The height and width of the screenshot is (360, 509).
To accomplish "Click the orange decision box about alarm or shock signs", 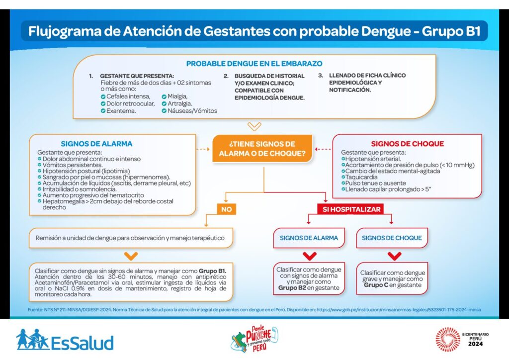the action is click(x=262, y=149).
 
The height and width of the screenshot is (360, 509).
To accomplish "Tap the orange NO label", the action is click(x=226, y=209).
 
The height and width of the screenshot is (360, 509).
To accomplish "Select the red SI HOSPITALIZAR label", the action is click(x=351, y=209).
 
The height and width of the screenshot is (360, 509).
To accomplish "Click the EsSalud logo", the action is click(x=65, y=340).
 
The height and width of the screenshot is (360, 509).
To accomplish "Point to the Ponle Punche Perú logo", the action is click(x=254, y=339).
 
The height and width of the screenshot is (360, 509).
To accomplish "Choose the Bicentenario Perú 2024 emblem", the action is click(x=462, y=339).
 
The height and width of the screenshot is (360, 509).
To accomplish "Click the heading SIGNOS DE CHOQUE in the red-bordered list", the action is click(x=408, y=144).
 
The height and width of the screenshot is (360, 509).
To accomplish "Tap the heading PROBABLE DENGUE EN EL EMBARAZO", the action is click(x=254, y=64).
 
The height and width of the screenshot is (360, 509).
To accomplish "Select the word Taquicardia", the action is click(x=361, y=177).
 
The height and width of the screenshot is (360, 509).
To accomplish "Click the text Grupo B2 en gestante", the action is click(x=309, y=287).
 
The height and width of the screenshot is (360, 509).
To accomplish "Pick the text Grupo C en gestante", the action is click(x=393, y=285).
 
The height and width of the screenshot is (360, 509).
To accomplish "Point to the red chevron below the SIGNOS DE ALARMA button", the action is click(x=309, y=256).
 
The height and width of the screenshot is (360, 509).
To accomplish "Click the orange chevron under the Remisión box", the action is click(x=131, y=256).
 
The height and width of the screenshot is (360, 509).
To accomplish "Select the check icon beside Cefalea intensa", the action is click(x=103, y=97).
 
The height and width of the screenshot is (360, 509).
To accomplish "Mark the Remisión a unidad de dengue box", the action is click(x=131, y=238).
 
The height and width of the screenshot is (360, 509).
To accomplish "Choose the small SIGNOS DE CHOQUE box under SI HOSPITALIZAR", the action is click(x=392, y=238).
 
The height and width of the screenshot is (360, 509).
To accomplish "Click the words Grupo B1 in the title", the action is click(x=451, y=31).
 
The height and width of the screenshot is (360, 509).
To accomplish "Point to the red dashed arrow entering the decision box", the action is click(x=323, y=149).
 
